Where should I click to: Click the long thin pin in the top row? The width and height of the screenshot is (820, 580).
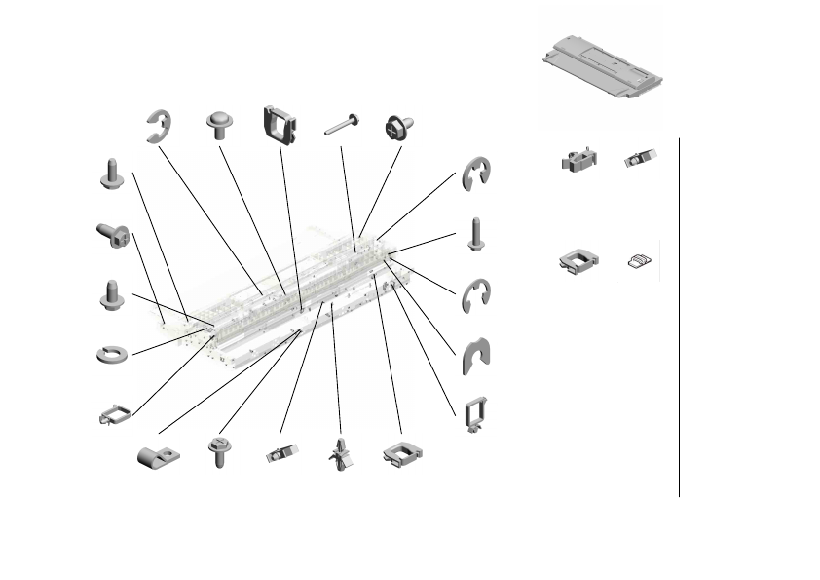(x=342, y=124)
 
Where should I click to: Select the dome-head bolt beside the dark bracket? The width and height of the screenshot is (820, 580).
(x=221, y=126)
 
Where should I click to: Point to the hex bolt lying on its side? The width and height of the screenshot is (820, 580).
(x=113, y=234)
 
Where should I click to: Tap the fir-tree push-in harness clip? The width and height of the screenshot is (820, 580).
(x=341, y=453)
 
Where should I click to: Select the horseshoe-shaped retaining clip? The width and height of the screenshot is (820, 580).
(x=475, y=357)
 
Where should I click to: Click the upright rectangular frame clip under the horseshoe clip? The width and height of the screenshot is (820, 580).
(x=475, y=414)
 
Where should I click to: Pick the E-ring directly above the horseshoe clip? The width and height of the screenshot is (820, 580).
(x=476, y=292)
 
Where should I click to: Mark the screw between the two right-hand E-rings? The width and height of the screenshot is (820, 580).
(x=475, y=234)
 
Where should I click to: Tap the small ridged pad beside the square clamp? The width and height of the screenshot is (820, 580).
(x=639, y=259)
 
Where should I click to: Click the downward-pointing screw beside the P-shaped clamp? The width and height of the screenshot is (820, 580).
(x=219, y=453)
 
